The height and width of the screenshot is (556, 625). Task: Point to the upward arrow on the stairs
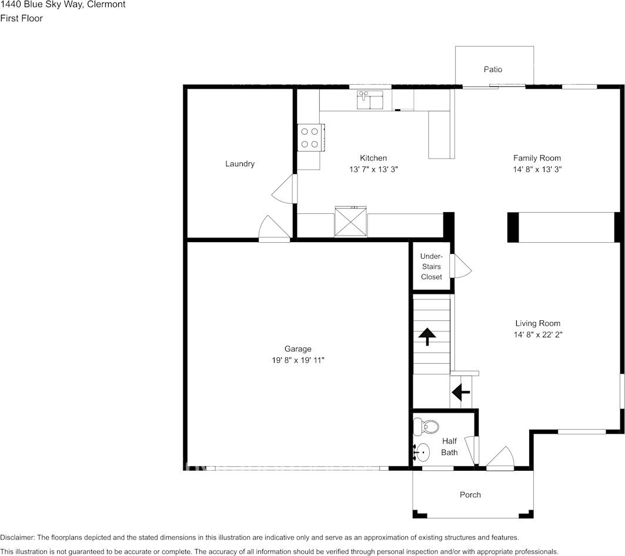point(427,336)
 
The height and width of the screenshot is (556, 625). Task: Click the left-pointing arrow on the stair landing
point(460,392)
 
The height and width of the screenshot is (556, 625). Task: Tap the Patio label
point(493,69)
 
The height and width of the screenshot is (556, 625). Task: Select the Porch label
point(470,495)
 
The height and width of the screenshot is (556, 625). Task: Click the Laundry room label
point(240,164)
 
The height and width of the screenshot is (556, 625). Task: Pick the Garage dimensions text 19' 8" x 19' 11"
point(294,360)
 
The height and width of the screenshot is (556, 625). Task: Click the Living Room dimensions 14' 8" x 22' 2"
point(537,334)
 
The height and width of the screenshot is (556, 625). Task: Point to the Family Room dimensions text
point(537,169)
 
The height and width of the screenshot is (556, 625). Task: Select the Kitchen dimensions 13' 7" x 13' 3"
point(373,169)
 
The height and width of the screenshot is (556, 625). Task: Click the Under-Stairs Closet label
point(431,266)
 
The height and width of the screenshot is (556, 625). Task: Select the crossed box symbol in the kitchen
point(350,222)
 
